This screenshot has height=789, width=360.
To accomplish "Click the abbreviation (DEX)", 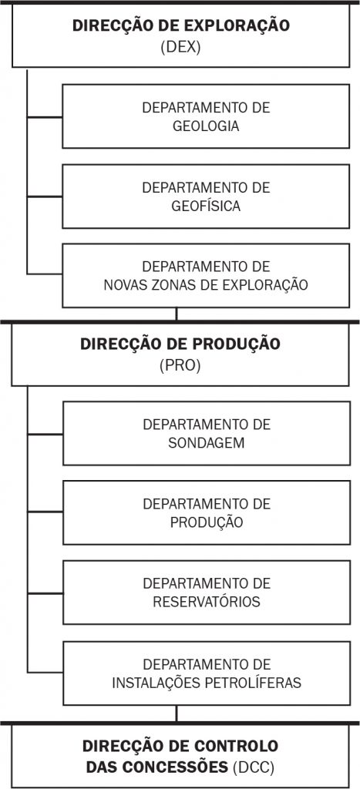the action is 180,47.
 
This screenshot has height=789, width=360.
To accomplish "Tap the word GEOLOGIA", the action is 206,126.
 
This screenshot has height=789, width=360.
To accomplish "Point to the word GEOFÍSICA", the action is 206,206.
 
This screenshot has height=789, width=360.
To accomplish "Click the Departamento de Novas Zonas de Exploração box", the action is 206,275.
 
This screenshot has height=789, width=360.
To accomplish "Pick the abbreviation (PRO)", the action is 180,365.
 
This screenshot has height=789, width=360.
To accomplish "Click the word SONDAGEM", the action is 207,443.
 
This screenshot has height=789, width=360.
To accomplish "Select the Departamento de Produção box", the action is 207,512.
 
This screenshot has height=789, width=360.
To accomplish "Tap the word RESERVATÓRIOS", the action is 207,602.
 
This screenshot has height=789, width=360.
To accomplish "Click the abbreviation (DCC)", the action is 254,767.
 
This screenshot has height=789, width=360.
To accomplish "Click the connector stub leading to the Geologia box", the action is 44,117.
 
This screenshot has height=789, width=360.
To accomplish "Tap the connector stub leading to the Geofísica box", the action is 44,196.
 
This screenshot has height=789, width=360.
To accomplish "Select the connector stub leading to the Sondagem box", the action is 45,434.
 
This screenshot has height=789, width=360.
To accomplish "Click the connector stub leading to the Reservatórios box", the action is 45,593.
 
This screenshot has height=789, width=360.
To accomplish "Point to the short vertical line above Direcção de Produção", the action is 177,314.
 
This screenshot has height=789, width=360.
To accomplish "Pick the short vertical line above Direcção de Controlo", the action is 177,713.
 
